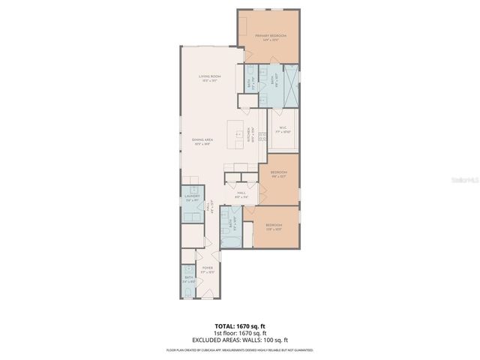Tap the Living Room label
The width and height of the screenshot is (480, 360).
point(209,78)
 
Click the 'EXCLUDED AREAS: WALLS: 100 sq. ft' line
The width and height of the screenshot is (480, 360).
point(240,340)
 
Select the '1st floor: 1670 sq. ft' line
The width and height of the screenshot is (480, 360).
point(240,334)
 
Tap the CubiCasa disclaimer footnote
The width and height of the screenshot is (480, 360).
point(240,349)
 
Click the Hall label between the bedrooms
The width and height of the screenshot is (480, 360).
point(241,195)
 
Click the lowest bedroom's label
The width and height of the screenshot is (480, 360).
point(274,226)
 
